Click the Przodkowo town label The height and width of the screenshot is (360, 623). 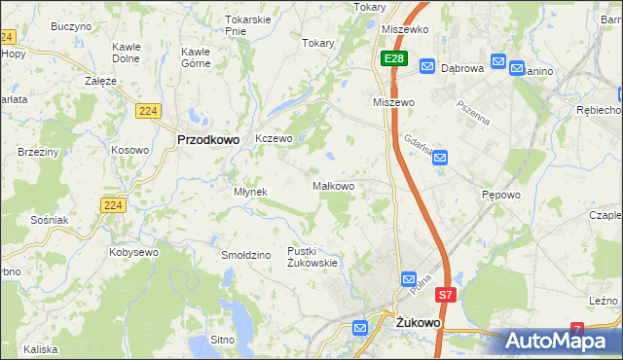click(x=208, y=139)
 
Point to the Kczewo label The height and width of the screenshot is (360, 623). click(x=274, y=139)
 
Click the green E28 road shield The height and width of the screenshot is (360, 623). click(x=393, y=59)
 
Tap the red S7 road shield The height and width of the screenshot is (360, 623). click(x=445, y=294)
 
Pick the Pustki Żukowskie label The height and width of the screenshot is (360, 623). click(x=311, y=257)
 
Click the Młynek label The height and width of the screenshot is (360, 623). click(x=250, y=192)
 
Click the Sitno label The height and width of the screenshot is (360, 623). click(x=223, y=341)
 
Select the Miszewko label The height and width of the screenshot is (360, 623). click(x=406, y=30)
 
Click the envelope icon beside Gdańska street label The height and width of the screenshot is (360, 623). click(x=440, y=157)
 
